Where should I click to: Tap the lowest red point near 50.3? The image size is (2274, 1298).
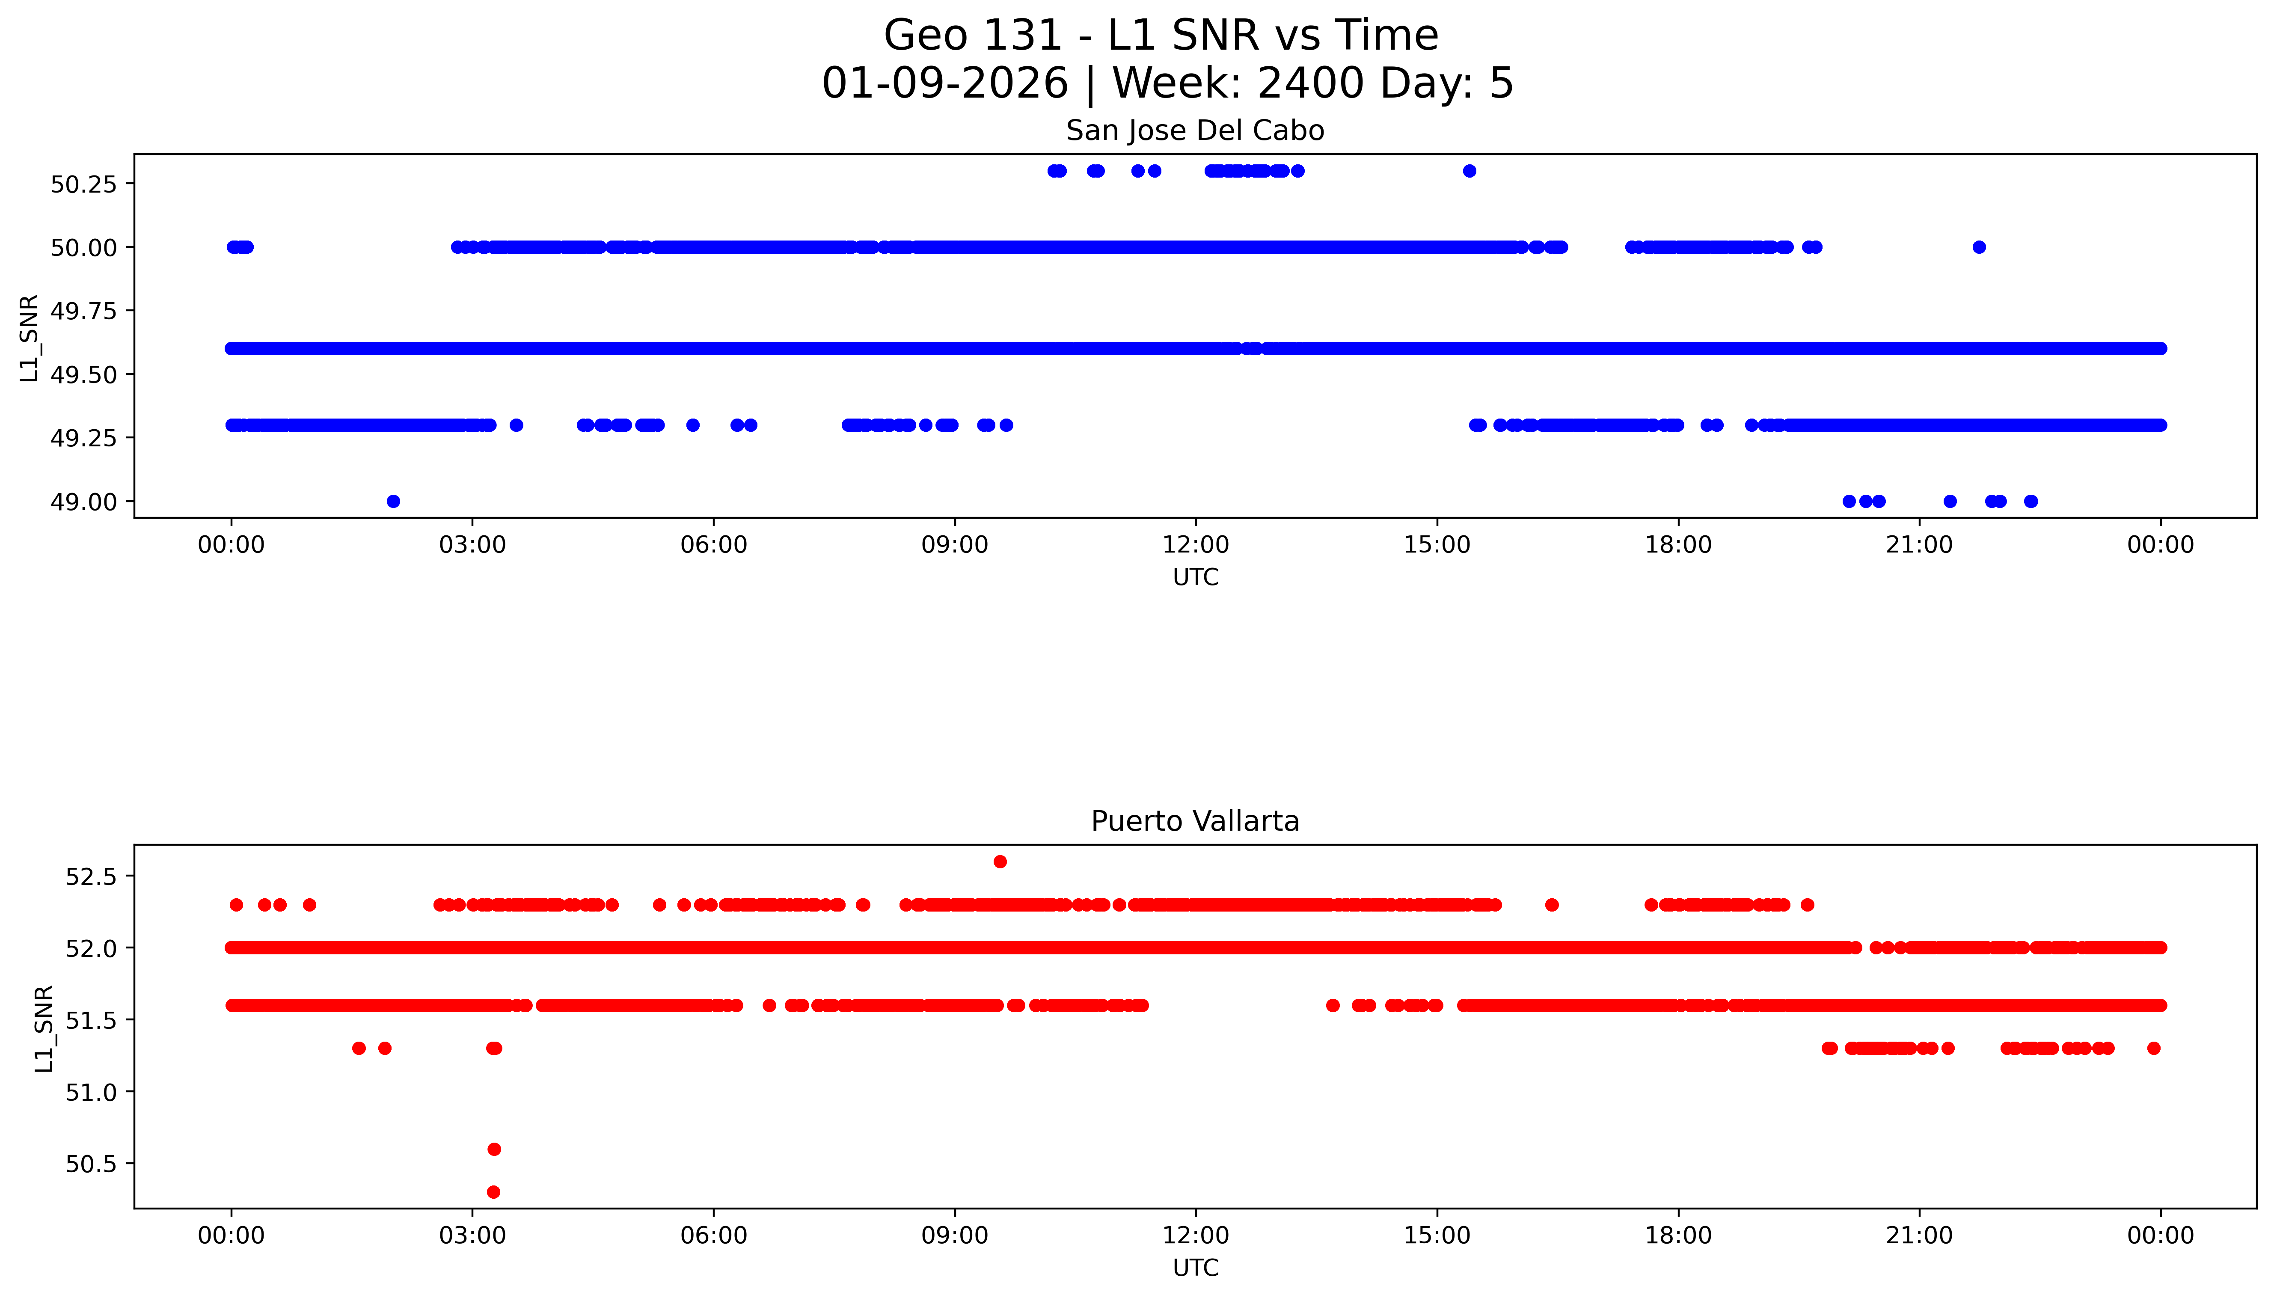(x=493, y=1192)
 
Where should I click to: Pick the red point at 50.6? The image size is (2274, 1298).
(x=494, y=1149)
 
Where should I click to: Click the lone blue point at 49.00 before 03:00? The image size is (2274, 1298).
(x=393, y=501)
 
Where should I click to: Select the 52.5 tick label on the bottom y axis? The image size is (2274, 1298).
(x=91, y=876)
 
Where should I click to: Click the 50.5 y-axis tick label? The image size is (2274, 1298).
(x=91, y=1164)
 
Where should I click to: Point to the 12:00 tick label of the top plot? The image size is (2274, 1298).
(x=1195, y=545)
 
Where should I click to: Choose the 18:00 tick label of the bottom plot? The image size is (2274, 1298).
(x=1677, y=1236)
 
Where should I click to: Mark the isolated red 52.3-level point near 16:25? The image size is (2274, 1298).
(x=1551, y=905)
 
